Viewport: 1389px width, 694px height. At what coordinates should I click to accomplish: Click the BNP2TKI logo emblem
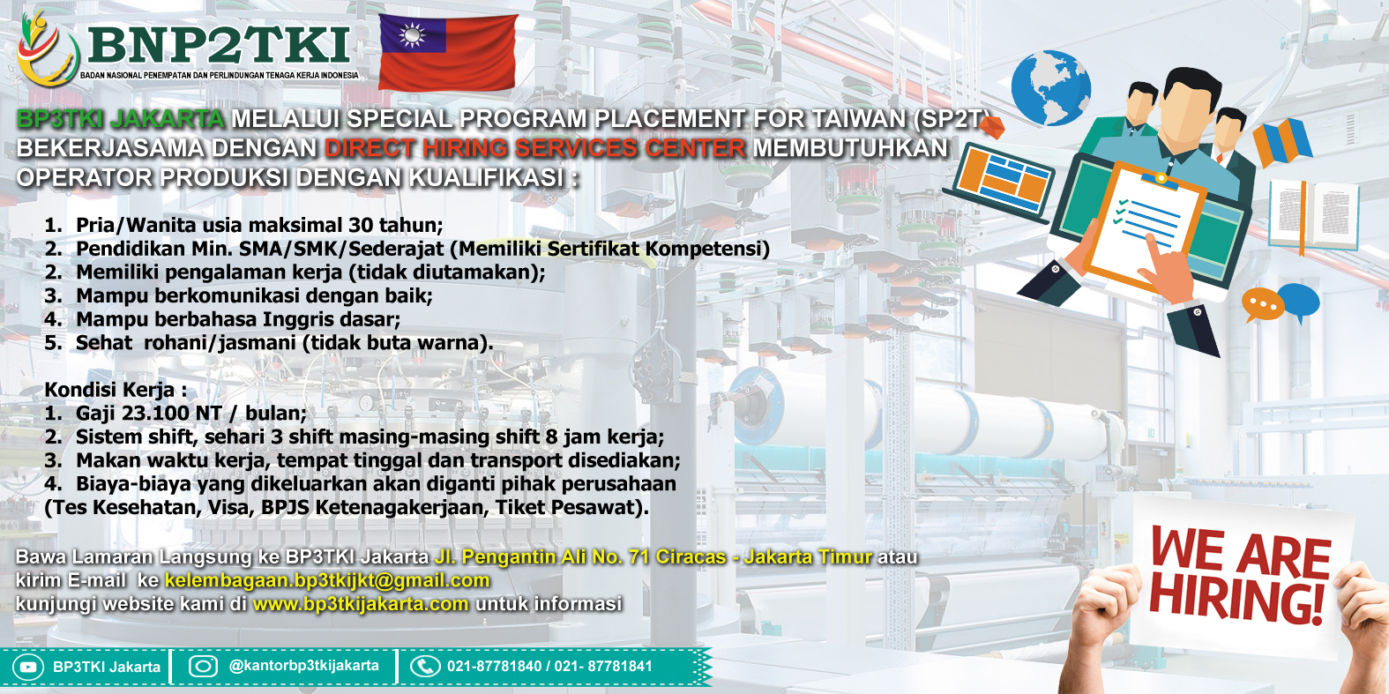tap(49, 49)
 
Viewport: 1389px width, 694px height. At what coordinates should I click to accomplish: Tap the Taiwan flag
tap(448, 52)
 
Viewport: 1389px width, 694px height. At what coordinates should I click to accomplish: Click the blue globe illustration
tap(1050, 88)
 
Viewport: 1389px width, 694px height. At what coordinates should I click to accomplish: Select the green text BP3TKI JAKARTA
tap(120, 118)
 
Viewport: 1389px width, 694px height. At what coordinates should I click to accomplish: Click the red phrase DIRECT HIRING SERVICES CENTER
tap(535, 148)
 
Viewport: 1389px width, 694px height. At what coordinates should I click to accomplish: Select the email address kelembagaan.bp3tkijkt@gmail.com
tap(327, 580)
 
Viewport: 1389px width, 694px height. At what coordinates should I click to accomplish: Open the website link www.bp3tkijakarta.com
tap(361, 603)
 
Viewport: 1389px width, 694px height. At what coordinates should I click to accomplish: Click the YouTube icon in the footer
tap(28, 667)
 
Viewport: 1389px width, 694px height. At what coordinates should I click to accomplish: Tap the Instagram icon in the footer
tap(203, 666)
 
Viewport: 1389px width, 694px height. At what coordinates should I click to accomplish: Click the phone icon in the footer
tap(425, 666)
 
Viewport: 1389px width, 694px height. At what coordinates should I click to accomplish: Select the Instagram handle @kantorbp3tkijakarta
tap(304, 666)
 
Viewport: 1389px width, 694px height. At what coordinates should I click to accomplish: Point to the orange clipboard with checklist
tap(1145, 227)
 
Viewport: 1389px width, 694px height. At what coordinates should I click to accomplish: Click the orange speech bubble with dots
tap(1263, 304)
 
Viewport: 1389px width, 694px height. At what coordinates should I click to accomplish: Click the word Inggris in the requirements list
tap(298, 319)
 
